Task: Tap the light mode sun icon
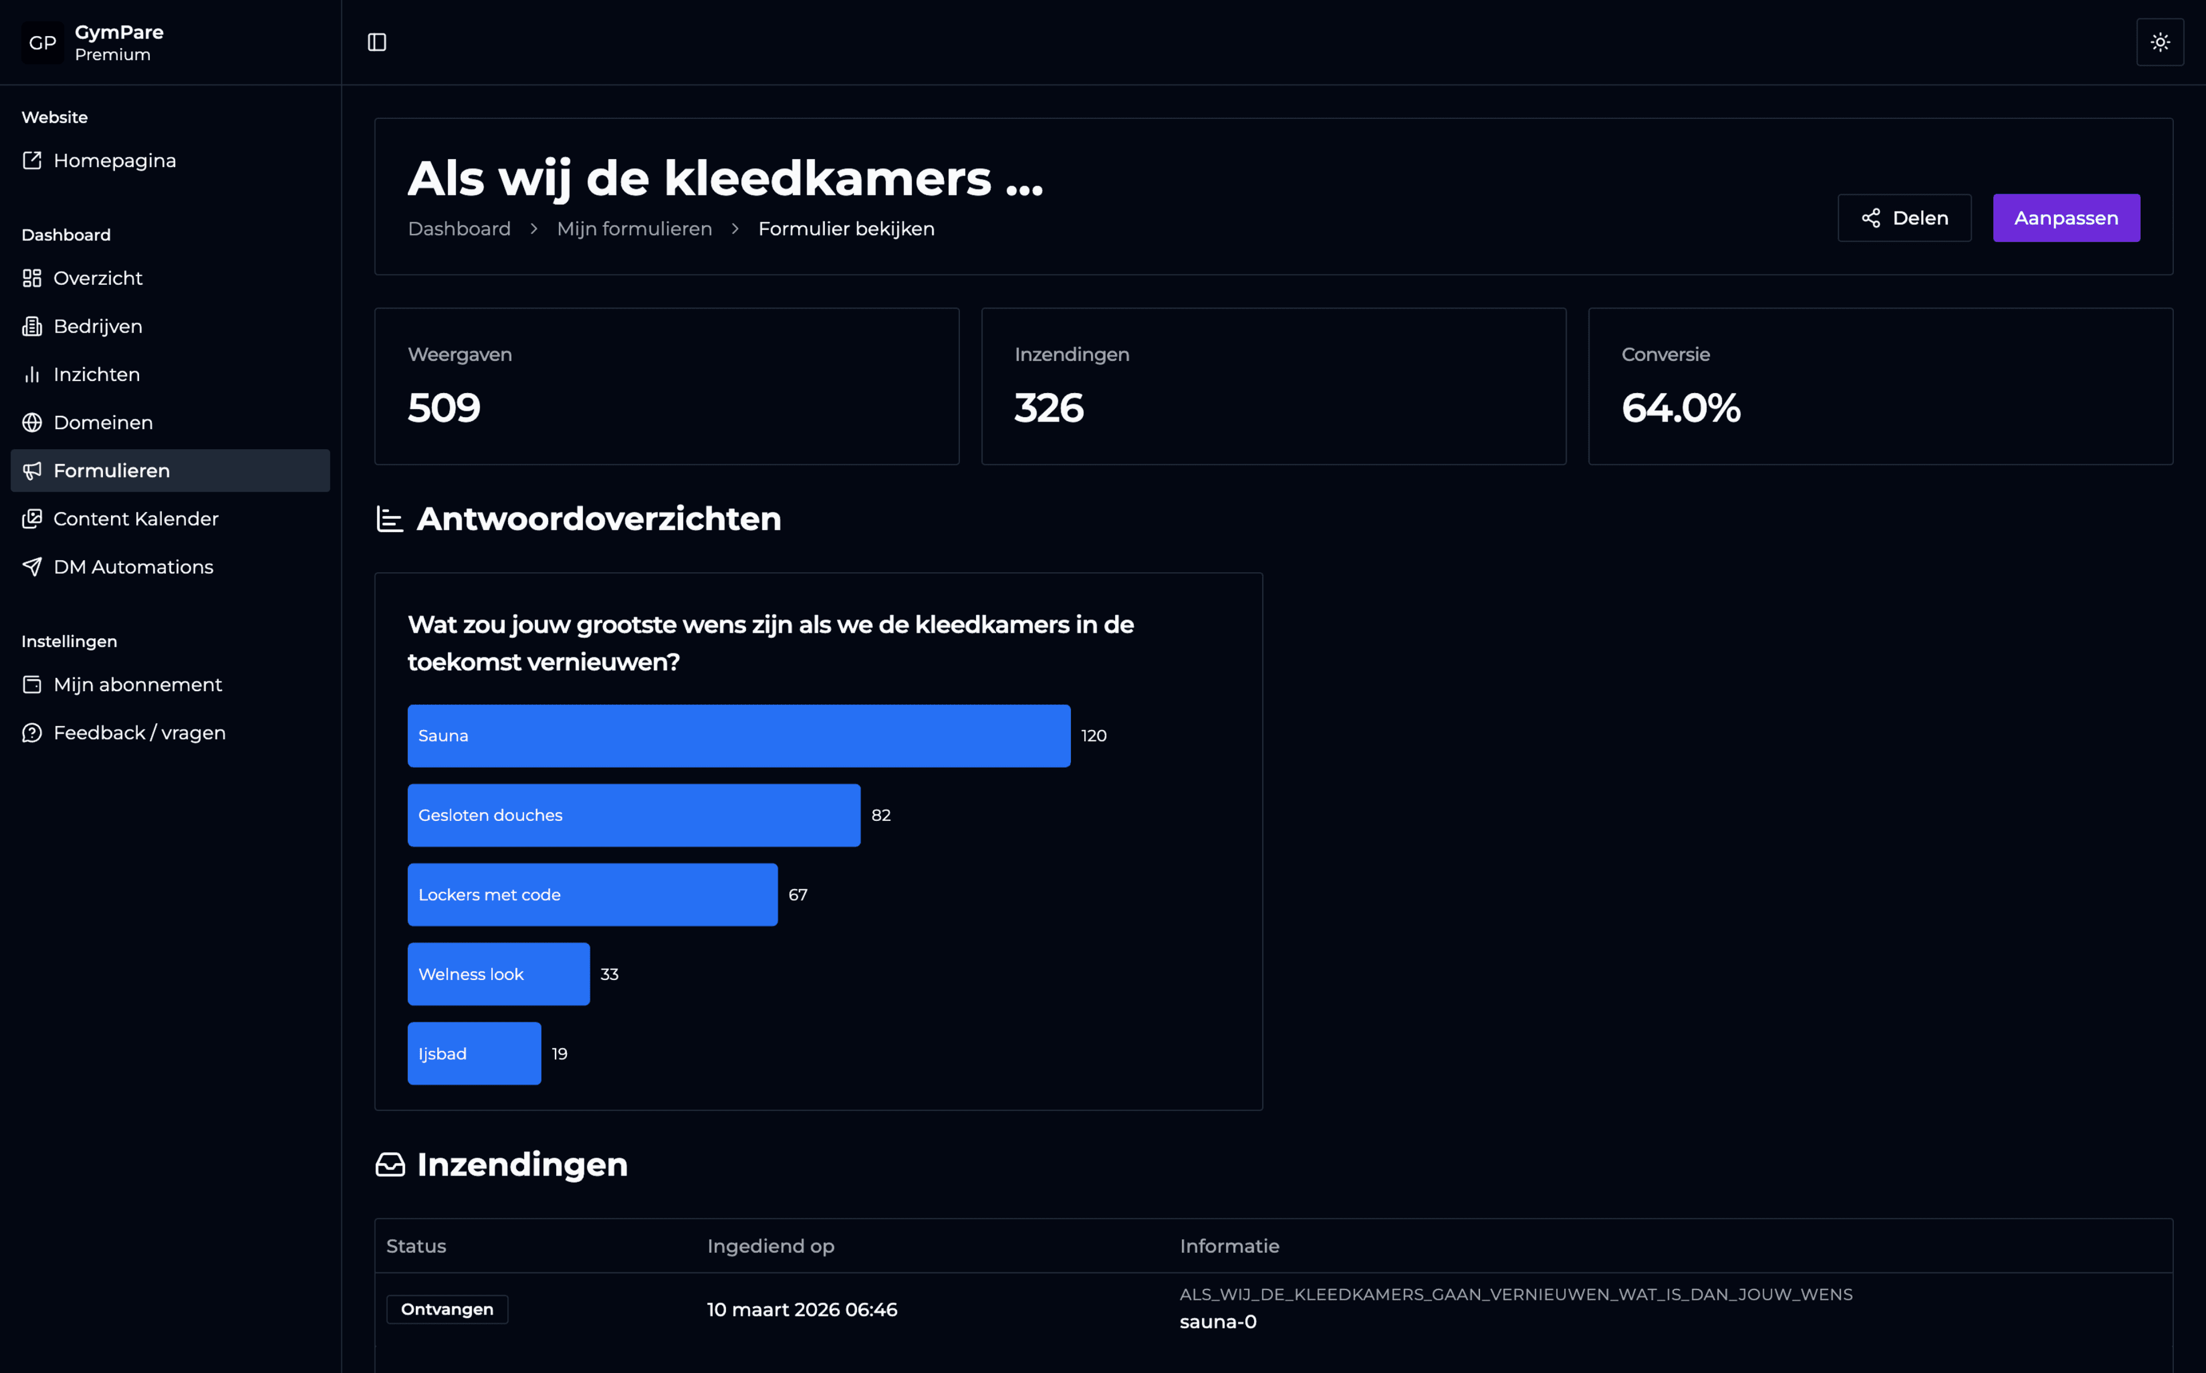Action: [2159, 42]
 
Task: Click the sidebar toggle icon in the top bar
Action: [377, 42]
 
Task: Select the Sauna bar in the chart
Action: [738, 735]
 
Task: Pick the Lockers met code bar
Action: [592, 894]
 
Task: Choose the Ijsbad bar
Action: [474, 1054]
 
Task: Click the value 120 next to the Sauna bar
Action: [1093, 735]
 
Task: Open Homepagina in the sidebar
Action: [114, 161]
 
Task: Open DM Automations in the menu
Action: [133, 566]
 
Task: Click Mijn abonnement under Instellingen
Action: [137, 685]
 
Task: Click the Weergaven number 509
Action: [444, 408]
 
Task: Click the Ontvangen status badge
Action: [446, 1309]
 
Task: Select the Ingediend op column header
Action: [770, 1246]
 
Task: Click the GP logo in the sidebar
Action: [43, 43]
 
